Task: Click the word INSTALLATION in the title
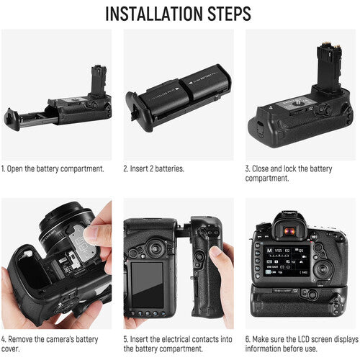click(x=155, y=14)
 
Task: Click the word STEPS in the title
click(x=230, y=14)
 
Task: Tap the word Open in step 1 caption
click(x=15, y=169)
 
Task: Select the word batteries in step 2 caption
click(x=169, y=168)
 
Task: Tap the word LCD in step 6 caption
click(x=305, y=339)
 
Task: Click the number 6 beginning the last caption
click(x=248, y=339)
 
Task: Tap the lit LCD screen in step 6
click(x=287, y=261)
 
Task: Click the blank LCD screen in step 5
click(x=147, y=285)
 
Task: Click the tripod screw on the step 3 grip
click(x=295, y=104)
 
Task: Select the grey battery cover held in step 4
click(x=83, y=243)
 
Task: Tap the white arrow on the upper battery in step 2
click(x=191, y=83)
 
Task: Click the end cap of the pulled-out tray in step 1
click(x=12, y=120)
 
